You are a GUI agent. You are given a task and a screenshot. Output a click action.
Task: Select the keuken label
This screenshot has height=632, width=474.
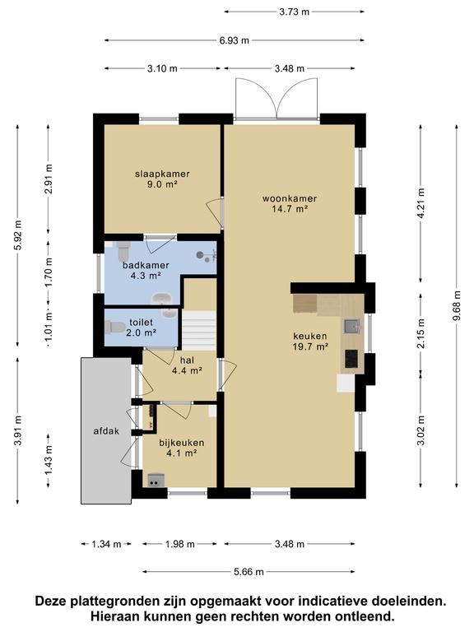(310, 336)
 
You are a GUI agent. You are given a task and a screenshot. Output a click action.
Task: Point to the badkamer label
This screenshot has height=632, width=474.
(146, 265)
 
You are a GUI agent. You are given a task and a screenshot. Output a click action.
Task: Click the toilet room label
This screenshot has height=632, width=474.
(141, 323)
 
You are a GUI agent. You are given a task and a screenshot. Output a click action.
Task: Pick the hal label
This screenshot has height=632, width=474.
(187, 360)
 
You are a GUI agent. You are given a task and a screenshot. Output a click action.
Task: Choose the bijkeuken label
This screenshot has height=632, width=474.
(181, 443)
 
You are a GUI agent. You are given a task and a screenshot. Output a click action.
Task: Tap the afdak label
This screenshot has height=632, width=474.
(106, 431)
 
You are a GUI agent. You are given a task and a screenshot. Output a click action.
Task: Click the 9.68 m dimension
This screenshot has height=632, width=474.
(456, 306)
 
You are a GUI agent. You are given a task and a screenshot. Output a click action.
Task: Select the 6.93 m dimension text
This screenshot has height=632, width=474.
(235, 40)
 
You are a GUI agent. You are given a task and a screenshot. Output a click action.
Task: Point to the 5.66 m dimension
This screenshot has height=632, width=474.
(249, 572)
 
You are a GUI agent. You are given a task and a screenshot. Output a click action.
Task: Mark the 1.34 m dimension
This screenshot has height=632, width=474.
(106, 544)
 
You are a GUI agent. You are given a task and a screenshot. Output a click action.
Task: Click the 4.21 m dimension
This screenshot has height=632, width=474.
(421, 204)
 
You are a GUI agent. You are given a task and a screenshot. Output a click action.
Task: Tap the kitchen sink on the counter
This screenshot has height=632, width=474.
(351, 326)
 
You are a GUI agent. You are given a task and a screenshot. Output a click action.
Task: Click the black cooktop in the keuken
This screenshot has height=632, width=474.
(351, 358)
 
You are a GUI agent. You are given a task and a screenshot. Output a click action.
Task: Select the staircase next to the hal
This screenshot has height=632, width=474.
(199, 330)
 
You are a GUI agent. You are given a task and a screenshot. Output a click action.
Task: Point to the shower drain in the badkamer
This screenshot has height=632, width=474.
(200, 255)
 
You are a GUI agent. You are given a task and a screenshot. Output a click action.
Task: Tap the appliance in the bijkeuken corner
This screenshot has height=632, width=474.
(156, 480)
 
